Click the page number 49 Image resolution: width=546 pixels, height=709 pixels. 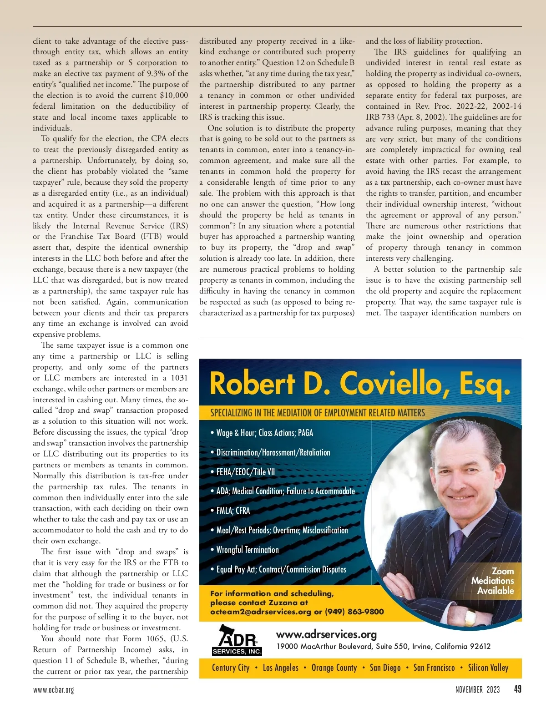[x=517, y=689]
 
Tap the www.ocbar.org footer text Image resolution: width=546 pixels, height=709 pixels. [x=53, y=690]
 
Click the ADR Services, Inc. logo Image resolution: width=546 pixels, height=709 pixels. [x=237, y=640]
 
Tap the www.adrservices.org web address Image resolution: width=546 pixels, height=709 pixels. [x=326, y=634]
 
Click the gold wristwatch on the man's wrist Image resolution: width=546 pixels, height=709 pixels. [x=470, y=618]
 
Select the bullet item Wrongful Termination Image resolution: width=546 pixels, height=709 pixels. [x=248, y=550]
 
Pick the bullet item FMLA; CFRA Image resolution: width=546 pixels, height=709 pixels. [x=233, y=511]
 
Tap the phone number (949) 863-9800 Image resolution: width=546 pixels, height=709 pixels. [x=354, y=612]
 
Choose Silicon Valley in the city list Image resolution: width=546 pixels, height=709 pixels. [x=488, y=668]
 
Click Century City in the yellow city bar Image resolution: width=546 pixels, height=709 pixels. [x=231, y=668]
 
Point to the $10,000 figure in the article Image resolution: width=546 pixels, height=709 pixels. [x=174, y=95]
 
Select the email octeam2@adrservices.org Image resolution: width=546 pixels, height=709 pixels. [x=261, y=612]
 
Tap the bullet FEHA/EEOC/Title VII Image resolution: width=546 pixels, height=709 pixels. [x=246, y=472]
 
